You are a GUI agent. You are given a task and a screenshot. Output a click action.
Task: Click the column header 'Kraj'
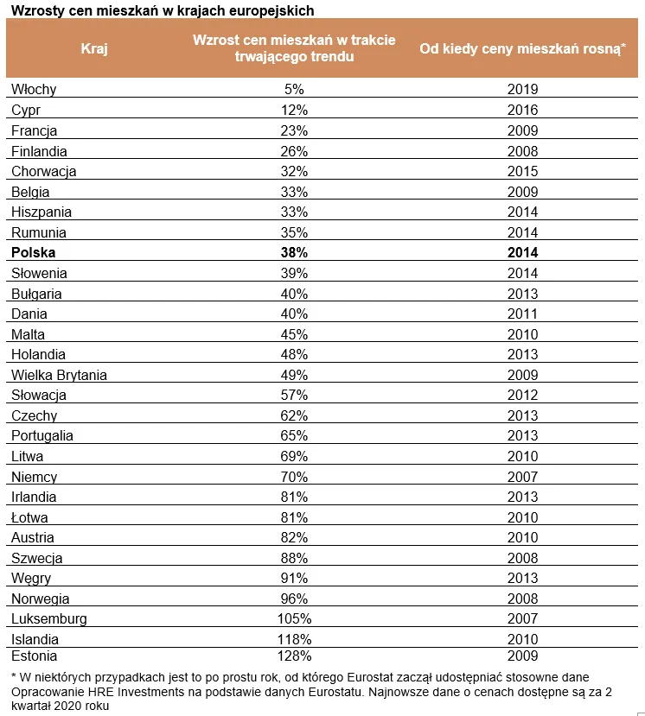point(94,48)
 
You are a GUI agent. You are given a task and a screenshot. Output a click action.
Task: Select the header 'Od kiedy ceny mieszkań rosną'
point(522,48)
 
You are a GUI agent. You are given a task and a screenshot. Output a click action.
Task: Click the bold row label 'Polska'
point(33,253)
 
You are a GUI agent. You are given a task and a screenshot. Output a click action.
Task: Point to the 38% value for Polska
point(295,253)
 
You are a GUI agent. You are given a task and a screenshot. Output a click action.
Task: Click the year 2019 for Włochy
point(522,89)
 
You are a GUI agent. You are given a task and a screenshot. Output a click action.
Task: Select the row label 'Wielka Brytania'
point(59,375)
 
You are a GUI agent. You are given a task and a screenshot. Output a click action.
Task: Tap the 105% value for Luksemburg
point(295,619)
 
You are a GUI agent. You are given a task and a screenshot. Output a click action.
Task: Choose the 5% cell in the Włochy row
point(295,89)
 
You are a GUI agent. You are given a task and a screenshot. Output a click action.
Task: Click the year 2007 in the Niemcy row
point(522,477)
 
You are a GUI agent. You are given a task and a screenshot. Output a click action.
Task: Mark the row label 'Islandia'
point(35,640)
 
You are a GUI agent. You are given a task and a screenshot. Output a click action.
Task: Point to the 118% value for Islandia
point(295,640)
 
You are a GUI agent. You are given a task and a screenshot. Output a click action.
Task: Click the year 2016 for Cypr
point(522,110)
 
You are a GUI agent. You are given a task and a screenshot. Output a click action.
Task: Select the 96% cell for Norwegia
point(295,599)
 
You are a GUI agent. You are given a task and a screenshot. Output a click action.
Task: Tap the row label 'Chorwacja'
point(43,171)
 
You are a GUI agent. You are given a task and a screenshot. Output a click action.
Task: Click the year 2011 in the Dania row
point(522,314)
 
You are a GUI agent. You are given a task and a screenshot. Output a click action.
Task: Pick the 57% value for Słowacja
point(295,396)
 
